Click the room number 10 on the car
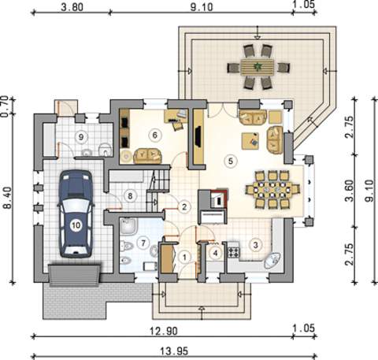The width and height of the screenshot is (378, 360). click(76, 225)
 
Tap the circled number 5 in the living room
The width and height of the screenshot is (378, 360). click(231, 161)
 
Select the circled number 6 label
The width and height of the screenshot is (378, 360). click(154, 135)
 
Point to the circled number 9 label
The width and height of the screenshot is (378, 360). click(81, 137)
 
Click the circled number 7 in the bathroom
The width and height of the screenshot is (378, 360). click(143, 243)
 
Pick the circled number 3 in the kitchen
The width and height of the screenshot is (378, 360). click(255, 245)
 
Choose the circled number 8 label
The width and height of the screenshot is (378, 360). click(130, 195)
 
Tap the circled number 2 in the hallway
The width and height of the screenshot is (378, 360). click(184, 207)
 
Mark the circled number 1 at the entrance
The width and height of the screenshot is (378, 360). click(184, 258)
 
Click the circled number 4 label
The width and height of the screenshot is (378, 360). click(216, 254)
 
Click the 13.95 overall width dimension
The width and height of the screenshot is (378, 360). click(174, 351)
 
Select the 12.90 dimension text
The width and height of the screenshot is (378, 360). click(163, 331)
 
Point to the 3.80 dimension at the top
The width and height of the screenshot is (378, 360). click(72, 7)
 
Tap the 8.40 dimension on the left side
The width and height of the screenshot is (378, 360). click(7, 198)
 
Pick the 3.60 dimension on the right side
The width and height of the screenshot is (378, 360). click(350, 190)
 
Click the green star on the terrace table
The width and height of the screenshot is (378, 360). click(256, 67)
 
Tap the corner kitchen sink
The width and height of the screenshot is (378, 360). click(272, 260)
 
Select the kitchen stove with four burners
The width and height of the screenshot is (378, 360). click(233, 252)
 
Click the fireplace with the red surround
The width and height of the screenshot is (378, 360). click(218, 199)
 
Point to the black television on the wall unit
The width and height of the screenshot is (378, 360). click(198, 136)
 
